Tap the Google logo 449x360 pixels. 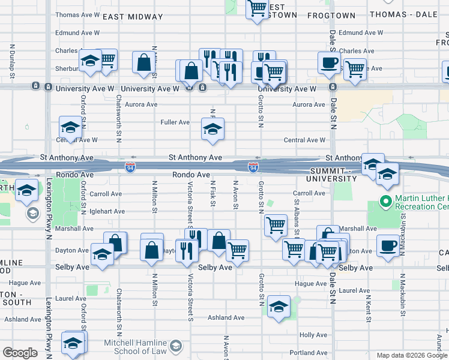click(20, 353)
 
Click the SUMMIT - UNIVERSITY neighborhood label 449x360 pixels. click(331, 174)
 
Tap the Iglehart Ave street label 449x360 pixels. click(107, 211)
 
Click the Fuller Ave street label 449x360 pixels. click(175, 122)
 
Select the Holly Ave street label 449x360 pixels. click(313, 335)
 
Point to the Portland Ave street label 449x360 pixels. click(309, 353)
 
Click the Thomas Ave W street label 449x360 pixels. click(77, 14)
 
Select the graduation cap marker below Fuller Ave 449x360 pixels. click(212, 129)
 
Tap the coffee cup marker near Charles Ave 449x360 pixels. click(328, 62)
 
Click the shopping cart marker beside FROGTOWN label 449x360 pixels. click(258, 9)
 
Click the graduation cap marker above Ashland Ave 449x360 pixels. click(279, 307)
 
